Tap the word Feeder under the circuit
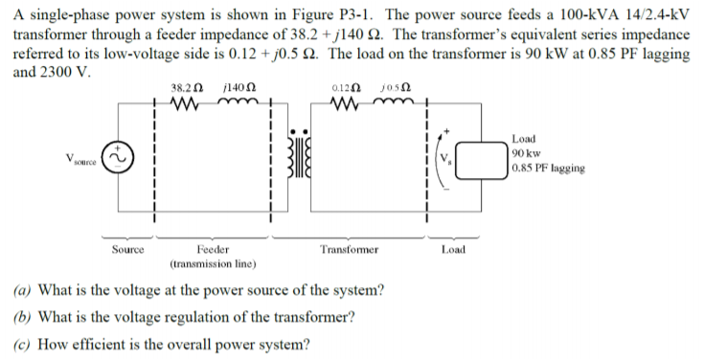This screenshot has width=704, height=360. click(x=212, y=249)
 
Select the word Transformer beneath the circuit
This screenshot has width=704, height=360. click(x=350, y=249)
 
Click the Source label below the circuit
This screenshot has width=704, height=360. click(x=128, y=249)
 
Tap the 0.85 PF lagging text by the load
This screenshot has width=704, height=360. click(x=549, y=168)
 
